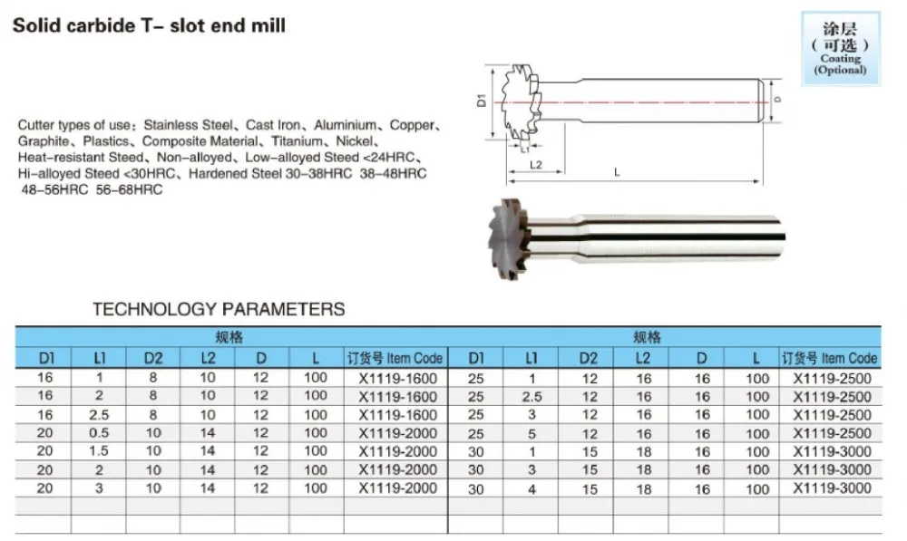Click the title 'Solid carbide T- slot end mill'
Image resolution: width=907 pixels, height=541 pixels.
point(149,25)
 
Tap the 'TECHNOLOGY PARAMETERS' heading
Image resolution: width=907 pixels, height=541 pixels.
point(219,309)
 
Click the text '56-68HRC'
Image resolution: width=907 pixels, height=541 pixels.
point(129,190)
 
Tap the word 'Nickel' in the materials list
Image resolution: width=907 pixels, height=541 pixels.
point(356,141)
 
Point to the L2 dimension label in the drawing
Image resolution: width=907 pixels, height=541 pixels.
point(535,165)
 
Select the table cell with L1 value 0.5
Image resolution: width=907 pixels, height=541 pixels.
point(99,432)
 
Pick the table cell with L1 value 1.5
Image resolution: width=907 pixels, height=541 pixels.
point(99,450)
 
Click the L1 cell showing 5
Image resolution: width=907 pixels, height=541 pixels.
point(532,432)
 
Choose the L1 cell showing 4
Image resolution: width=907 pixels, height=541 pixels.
point(532,488)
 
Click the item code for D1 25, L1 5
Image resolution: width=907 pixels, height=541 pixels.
point(832,432)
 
